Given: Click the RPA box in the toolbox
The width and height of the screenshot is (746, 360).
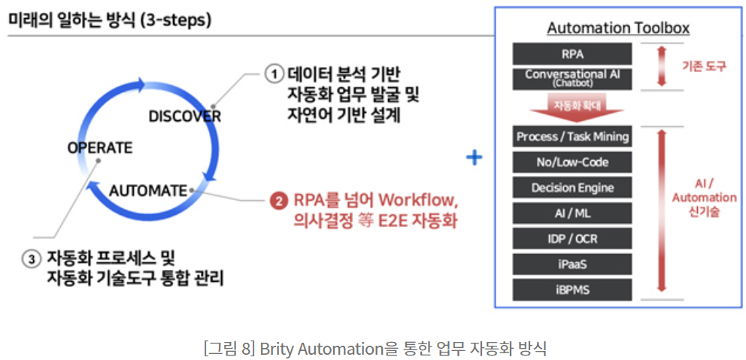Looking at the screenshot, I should point(572,53).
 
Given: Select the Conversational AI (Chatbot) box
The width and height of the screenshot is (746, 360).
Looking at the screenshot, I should point(572,77).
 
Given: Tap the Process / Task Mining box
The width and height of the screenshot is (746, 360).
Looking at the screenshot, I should point(572,137).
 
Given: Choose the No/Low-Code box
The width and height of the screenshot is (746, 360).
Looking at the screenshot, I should point(572,162).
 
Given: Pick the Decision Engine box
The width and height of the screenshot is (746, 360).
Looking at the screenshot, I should point(572,188).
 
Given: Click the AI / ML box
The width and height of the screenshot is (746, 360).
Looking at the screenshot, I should point(572,213).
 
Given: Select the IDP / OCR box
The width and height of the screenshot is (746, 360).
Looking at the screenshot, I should point(572,239).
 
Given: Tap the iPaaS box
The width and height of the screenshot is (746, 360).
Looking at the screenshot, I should point(572,264).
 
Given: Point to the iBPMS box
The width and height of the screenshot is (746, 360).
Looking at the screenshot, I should point(572,289).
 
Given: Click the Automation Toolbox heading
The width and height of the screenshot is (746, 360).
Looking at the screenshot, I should point(617,29).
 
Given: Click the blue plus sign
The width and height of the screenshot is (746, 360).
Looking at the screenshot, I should point(474,158).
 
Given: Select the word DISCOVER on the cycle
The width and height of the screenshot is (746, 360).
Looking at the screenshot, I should point(184,116).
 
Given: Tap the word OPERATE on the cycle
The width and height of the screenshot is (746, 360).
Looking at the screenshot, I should point(99,147).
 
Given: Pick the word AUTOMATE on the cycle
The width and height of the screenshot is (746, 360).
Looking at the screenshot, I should point(147,191).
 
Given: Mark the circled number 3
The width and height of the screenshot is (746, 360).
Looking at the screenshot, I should point(31,259).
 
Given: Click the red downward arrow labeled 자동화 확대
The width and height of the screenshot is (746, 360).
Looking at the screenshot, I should point(572,107).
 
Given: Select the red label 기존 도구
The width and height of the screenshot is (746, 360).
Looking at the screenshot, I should point(703,66).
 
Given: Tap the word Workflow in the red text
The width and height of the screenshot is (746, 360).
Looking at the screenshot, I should point(417,201).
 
